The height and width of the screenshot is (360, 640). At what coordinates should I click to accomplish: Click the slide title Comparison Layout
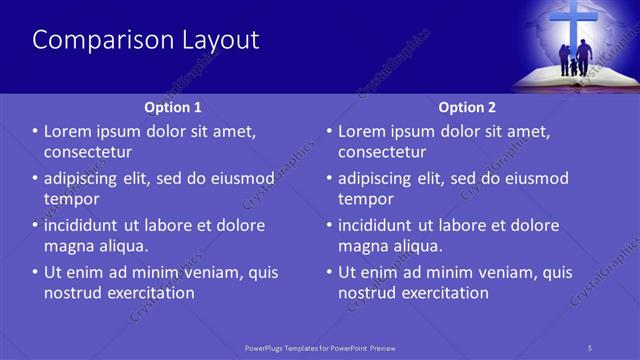[x=146, y=40]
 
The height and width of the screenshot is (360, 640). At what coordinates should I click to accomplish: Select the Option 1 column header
[x=173, y=107]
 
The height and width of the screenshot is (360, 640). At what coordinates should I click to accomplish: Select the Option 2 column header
[x=467, y=107]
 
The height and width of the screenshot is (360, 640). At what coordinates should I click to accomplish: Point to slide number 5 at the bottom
[x=590, y=348]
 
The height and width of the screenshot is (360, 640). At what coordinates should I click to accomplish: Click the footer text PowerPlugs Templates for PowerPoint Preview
[x=328, y=348]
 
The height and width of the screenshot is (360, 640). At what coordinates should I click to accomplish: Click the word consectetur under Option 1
[x=88, y=152]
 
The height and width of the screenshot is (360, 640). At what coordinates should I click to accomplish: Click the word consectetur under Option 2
[x=382, y=152]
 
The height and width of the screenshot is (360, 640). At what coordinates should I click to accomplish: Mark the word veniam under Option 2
[x=505, y=272]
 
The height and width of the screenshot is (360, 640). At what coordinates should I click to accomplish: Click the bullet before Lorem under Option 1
[x=36, y=132]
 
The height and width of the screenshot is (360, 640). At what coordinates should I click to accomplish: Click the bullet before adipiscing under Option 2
[x=330, y=179]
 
